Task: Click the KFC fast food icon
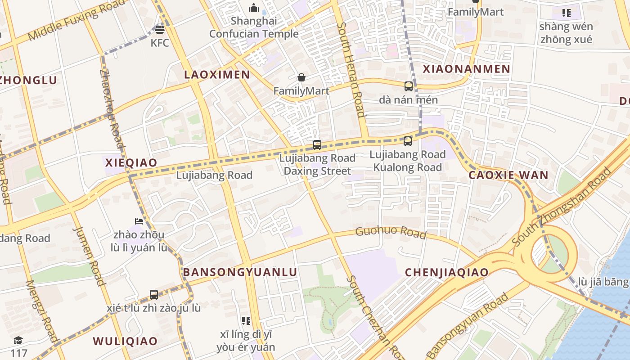tap(160, 30)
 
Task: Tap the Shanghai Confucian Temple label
tap(254, 27)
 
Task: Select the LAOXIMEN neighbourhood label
tap(217, 75)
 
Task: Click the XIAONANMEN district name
tap(466, 69)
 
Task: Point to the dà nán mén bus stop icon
tap(409, 86)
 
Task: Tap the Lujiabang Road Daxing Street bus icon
tap(317, 145)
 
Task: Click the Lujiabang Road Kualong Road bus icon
tap(408, 141)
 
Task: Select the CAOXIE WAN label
tap(508, 175)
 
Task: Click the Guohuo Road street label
tap(391, 233)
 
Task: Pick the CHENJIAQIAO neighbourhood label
tap(446, 272)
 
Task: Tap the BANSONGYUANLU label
tap(240, 272)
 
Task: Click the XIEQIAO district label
tap(131, 162)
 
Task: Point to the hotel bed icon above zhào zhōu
tap(139, 221)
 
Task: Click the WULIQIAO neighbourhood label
tap(125, 341)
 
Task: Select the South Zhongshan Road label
tap(562, 207)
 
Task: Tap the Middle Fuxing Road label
tap(76, 20)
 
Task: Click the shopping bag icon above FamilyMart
tap(301, 78)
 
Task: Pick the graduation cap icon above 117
tap(18, 340)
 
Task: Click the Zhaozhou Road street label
tap(111, 108)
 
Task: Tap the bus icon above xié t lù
tap(154, 295)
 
